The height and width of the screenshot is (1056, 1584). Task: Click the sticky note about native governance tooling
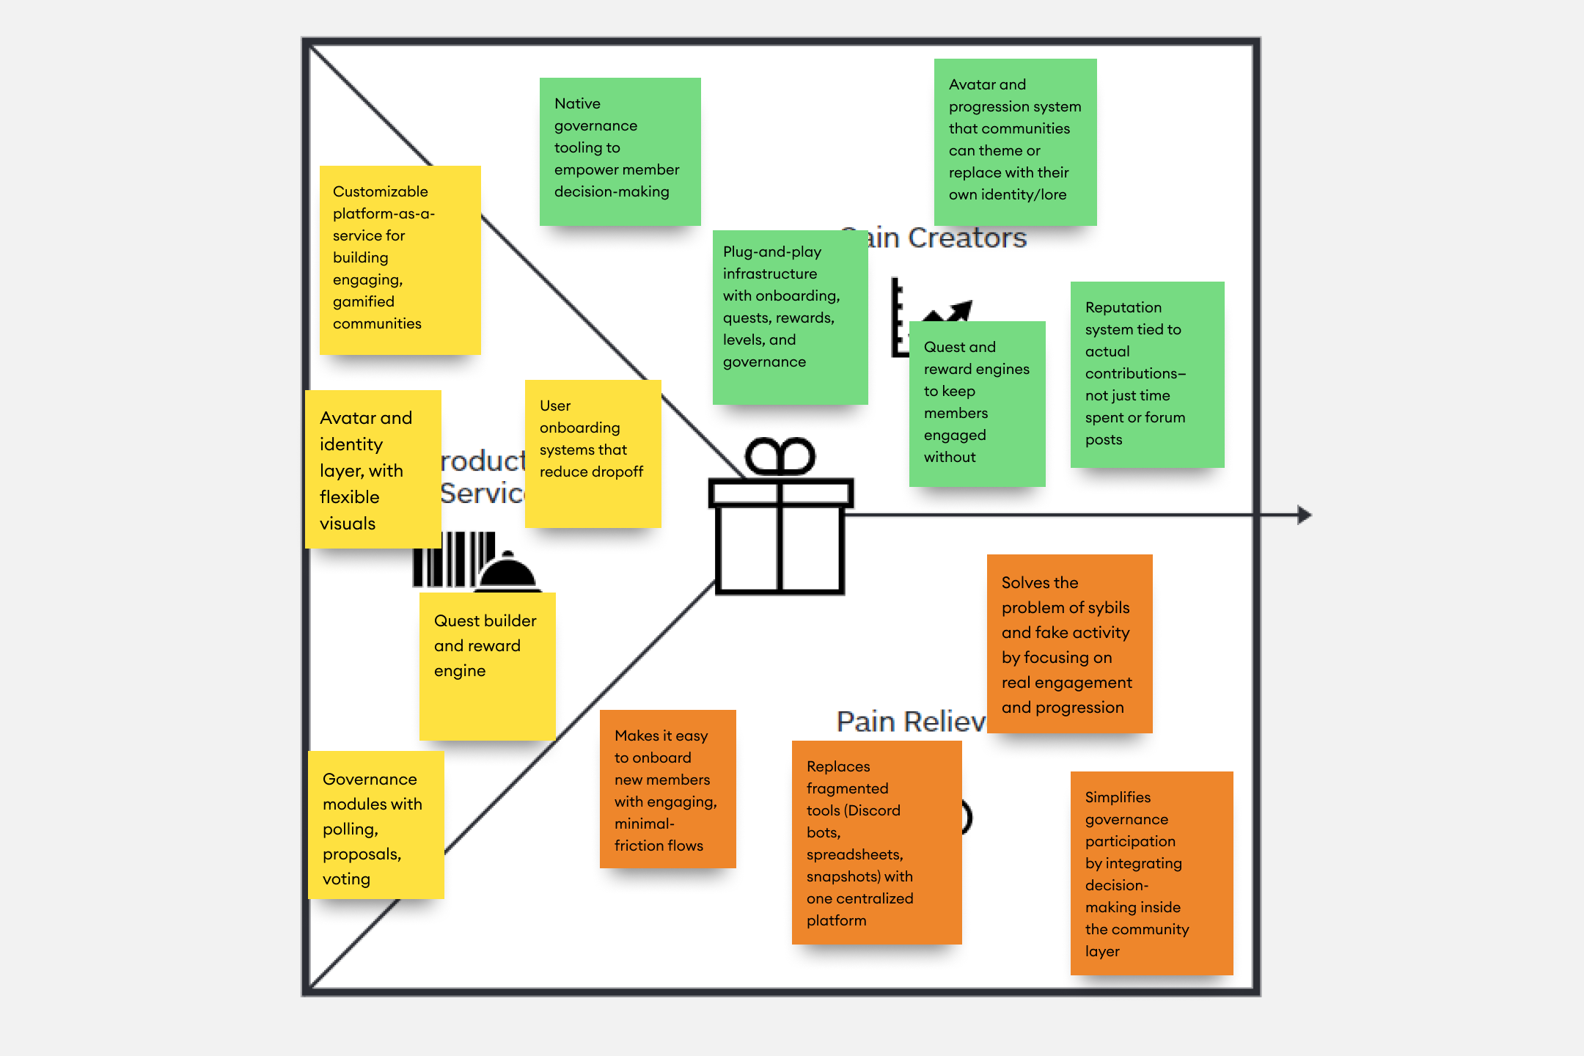click(620, 151)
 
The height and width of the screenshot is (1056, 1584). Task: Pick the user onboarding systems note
click(593, 453)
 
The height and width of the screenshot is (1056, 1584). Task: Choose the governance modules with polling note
click(375, 825)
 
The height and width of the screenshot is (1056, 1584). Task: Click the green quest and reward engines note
click(977, 403)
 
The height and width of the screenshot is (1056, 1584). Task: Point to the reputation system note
click(1147, 374)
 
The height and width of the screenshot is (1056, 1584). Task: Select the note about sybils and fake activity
click(1069, 643)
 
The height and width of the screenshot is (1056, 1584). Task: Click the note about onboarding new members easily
click(667, 789)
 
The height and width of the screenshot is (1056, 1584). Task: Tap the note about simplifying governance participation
click(1151, 873)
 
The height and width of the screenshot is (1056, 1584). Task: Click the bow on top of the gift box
click(780, 456)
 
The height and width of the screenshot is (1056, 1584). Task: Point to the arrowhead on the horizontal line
click(1304, 515)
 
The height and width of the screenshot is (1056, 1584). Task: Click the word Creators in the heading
click(967, 238)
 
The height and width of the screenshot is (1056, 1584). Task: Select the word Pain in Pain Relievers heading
click(865, 722)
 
